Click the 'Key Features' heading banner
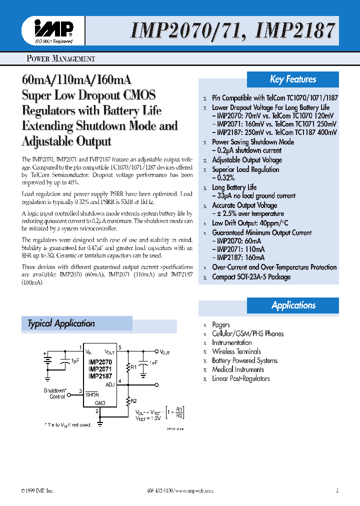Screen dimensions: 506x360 point(293,79)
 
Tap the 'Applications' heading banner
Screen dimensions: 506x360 point(293,305)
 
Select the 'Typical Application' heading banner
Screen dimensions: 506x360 point(61,323)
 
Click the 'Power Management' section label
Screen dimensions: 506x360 point(60,59)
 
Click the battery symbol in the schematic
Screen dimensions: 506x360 point(46,361)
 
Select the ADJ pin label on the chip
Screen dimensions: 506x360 point(110,384)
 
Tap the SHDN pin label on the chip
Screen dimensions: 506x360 point(92,393)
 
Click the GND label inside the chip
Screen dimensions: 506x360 point(100,402)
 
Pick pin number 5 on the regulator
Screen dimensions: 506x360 point(119,347)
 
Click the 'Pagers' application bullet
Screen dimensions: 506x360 point(221,325)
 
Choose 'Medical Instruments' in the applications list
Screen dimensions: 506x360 point(238,369)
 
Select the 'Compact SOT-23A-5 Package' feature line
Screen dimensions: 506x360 point(251,277)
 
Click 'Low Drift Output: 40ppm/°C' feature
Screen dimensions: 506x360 point(250,223)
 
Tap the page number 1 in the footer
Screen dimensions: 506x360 point(337,490)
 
